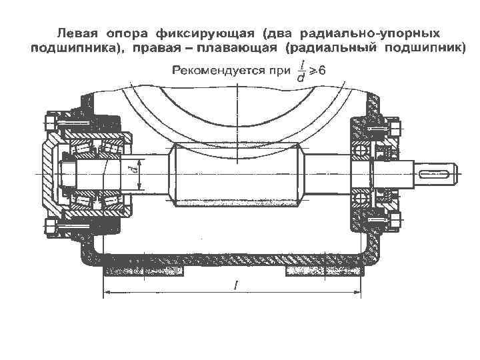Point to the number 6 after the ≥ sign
point(321,69)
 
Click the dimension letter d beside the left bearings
point(134,173)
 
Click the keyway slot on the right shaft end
point(436,173)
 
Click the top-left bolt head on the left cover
point(50,122)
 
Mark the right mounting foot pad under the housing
point(323,271)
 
